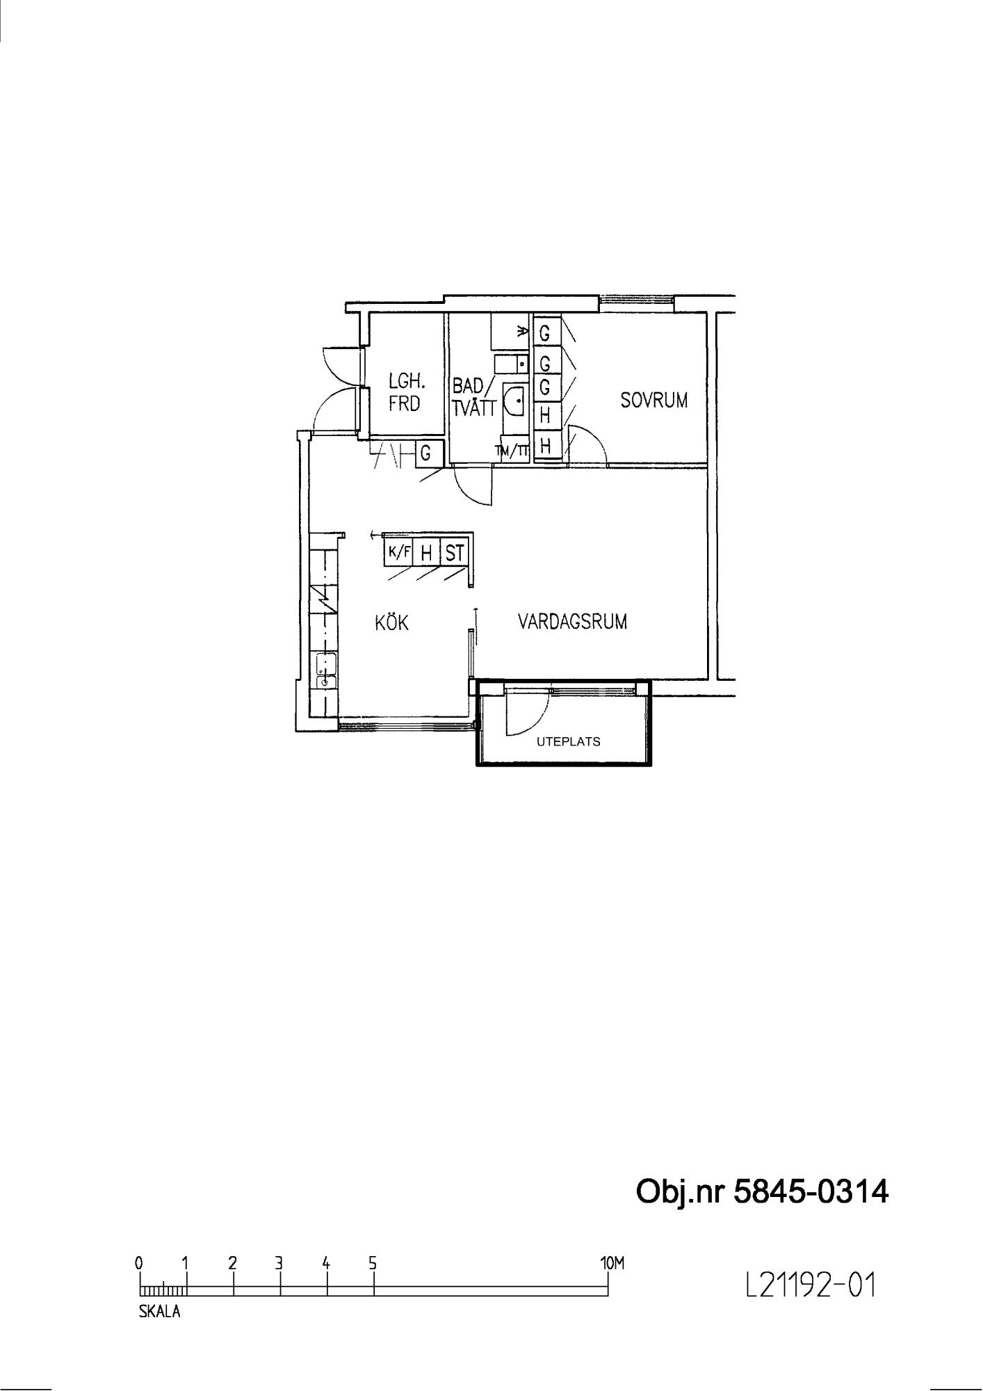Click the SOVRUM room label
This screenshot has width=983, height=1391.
[653, 401]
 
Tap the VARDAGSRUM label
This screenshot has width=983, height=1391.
[572, 622]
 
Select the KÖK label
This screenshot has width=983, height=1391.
[391, 622]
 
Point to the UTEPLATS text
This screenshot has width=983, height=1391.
[569, 741]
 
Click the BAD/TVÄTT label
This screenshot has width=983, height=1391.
[474, 397]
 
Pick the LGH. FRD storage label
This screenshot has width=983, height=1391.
[406, 392]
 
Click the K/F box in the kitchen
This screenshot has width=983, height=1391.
[399, 554]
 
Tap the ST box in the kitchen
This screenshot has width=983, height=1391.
[455, 554]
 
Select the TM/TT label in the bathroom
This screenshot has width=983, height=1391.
[512, 452]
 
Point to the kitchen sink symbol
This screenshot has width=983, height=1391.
[325, 671]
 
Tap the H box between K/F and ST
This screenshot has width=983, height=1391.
[427, 554]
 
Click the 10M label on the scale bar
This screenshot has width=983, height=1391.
[612, 1262]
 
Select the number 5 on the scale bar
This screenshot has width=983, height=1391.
[373, 1262]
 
